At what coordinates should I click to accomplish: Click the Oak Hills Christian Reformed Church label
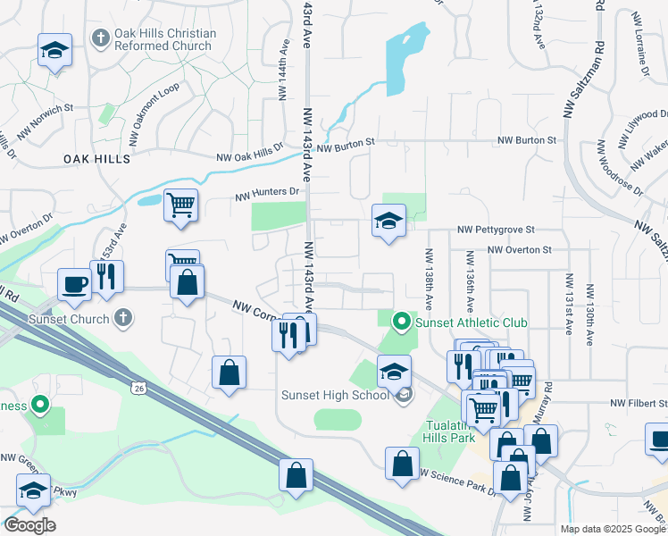(x=165, y=40)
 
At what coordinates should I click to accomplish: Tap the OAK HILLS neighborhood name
(x=96, y=158)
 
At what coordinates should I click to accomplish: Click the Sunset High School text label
(x=334, y=396)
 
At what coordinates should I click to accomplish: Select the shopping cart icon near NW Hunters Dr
(x=180, y=205)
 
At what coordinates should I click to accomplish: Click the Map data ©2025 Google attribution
(x=612, y=529)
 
